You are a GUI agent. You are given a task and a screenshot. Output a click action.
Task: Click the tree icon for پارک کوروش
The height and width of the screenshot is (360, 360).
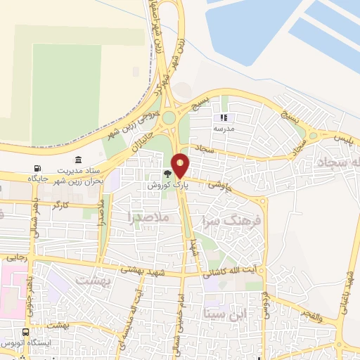click(167, 172)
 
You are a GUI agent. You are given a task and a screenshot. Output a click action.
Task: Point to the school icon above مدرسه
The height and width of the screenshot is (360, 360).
click(225, 118)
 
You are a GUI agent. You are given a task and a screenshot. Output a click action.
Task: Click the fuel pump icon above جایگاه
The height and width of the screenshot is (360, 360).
click(37, 169)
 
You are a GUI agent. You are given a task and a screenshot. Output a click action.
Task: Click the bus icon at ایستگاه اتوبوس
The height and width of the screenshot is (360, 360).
click(26, 333)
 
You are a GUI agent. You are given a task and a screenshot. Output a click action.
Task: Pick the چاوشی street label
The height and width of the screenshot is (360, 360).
click(219, 186)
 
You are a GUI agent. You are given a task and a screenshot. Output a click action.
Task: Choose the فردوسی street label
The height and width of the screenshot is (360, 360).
click(264, 300)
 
